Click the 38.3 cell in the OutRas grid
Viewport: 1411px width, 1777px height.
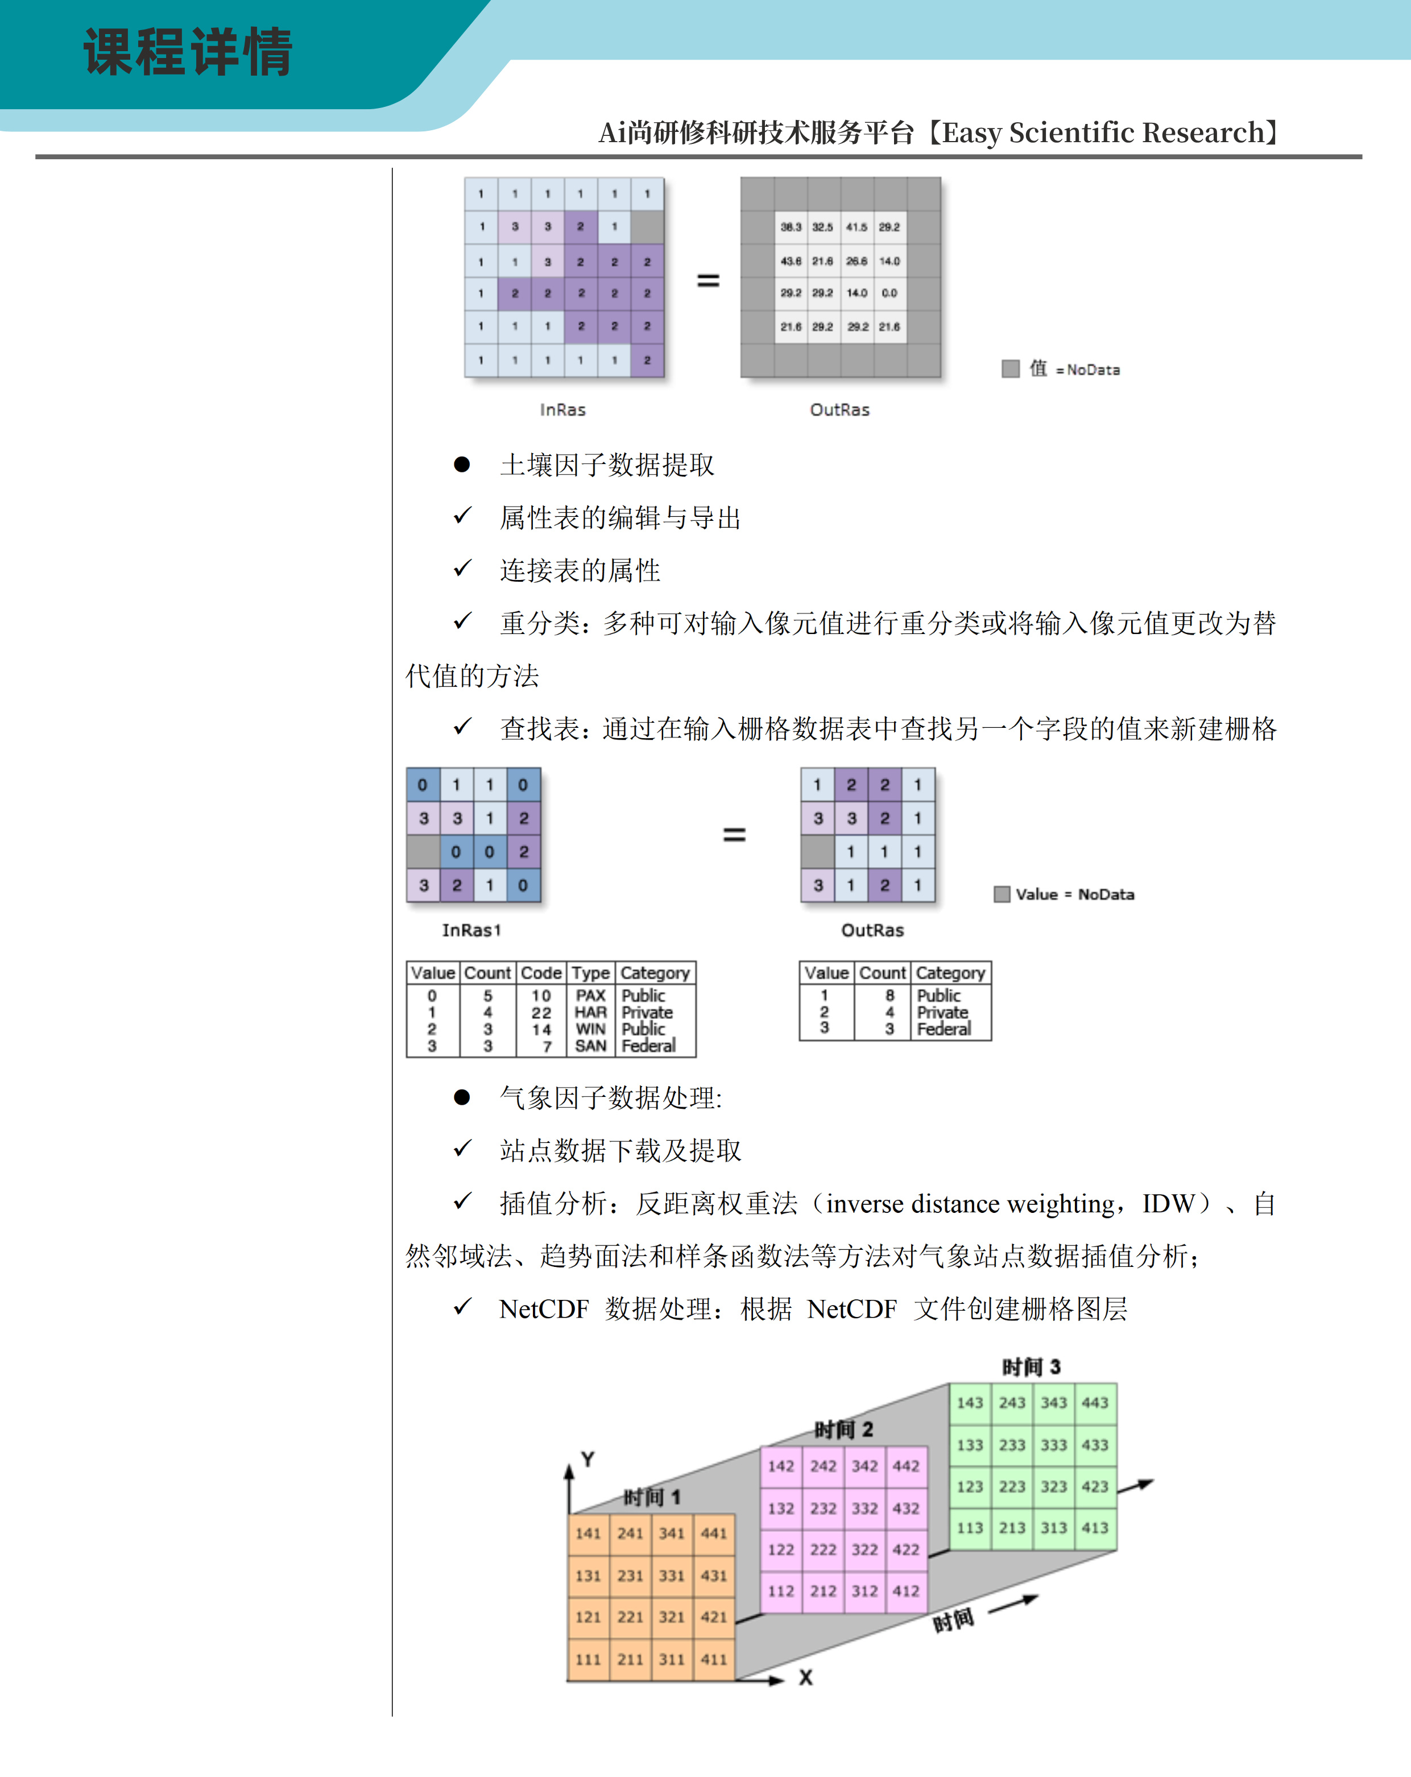pos(791,227)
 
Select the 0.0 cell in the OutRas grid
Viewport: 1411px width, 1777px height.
pos(889,293)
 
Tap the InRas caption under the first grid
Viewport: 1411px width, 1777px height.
pos(563,409)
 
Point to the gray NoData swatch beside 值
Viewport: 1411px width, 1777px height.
pos(1011,368)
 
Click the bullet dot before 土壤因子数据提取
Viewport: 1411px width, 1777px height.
pos(462,465)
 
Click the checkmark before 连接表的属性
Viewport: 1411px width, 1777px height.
pos(462,569)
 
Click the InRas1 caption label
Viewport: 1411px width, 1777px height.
pos(471,930)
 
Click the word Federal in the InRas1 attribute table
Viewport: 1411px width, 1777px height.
pos(649,1046)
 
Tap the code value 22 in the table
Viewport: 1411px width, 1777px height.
pos(541,1012)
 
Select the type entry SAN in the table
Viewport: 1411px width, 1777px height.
pos(590,1046)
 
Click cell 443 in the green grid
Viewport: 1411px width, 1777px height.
pos(1095,1403)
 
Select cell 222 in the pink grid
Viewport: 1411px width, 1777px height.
pos(822,1550)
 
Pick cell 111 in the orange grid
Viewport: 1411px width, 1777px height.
pos(587,1659)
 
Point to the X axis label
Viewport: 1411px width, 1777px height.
pos(805,1677)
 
